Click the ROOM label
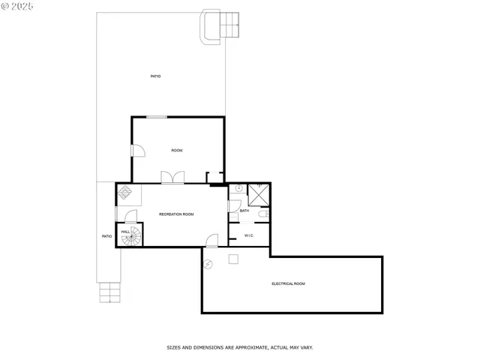(x=177, y=151)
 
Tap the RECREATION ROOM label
(x=176, y=214)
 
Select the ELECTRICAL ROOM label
(x=288, y=283)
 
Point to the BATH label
(x=244, y=211)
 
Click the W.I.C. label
(x=249, y=235)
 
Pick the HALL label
(x=125, y=231)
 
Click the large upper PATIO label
(x=155, y=76)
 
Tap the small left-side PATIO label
(x=106, y=236)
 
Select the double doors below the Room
(x=172, y=177)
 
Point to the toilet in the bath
(x=263, y=215)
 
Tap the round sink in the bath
(x=238, y=189)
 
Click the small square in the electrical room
(x=234, y=259)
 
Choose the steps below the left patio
(x=109, y=292)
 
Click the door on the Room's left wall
(x=137, y=150)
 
